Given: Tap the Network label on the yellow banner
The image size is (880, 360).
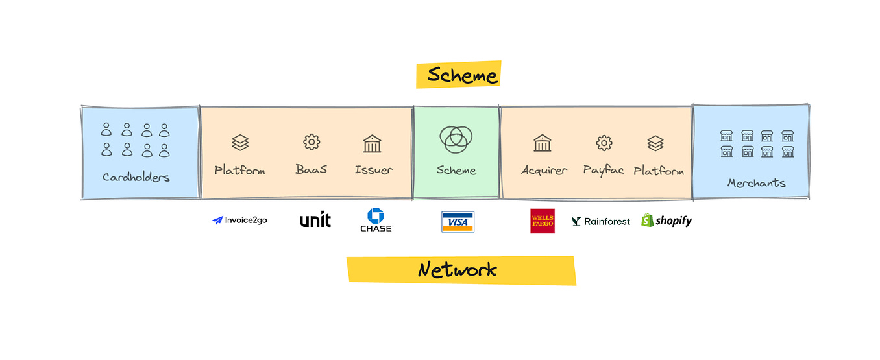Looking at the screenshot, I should [x=458, y=269].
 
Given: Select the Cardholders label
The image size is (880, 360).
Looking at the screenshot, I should [x=136, y=177].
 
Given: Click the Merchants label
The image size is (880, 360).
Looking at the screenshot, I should [x=756, y=183].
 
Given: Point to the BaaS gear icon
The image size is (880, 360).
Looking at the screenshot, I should [x=312, y=143].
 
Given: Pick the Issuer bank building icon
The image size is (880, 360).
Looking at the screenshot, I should [x=373, y=143].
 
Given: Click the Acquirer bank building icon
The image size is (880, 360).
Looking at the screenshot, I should [x=542, y=143].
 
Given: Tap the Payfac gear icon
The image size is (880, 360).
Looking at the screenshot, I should [x=604, y=143].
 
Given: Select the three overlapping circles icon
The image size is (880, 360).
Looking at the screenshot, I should [x=456, y=138].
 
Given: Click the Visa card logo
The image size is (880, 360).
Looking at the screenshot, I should [x=458, y=222].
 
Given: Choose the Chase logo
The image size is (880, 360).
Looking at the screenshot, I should [x=376, y=221].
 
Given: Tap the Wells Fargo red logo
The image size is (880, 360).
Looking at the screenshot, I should [x=543, y=221].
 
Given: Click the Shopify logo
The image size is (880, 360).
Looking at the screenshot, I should [x=666, y=221].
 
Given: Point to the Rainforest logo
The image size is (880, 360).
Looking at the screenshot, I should [x=600, y=221].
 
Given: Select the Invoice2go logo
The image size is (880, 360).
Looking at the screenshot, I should [x=239, y=221].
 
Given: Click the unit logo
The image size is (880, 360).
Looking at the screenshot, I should [x=315, y=221].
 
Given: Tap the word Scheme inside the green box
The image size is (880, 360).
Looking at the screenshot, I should [x=456, y=171].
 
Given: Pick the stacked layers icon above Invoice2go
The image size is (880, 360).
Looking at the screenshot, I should [x=240, y=143].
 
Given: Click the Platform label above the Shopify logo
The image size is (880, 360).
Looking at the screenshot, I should [x=659, y=171].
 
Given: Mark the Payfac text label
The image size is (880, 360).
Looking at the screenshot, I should [x=604, y=171].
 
